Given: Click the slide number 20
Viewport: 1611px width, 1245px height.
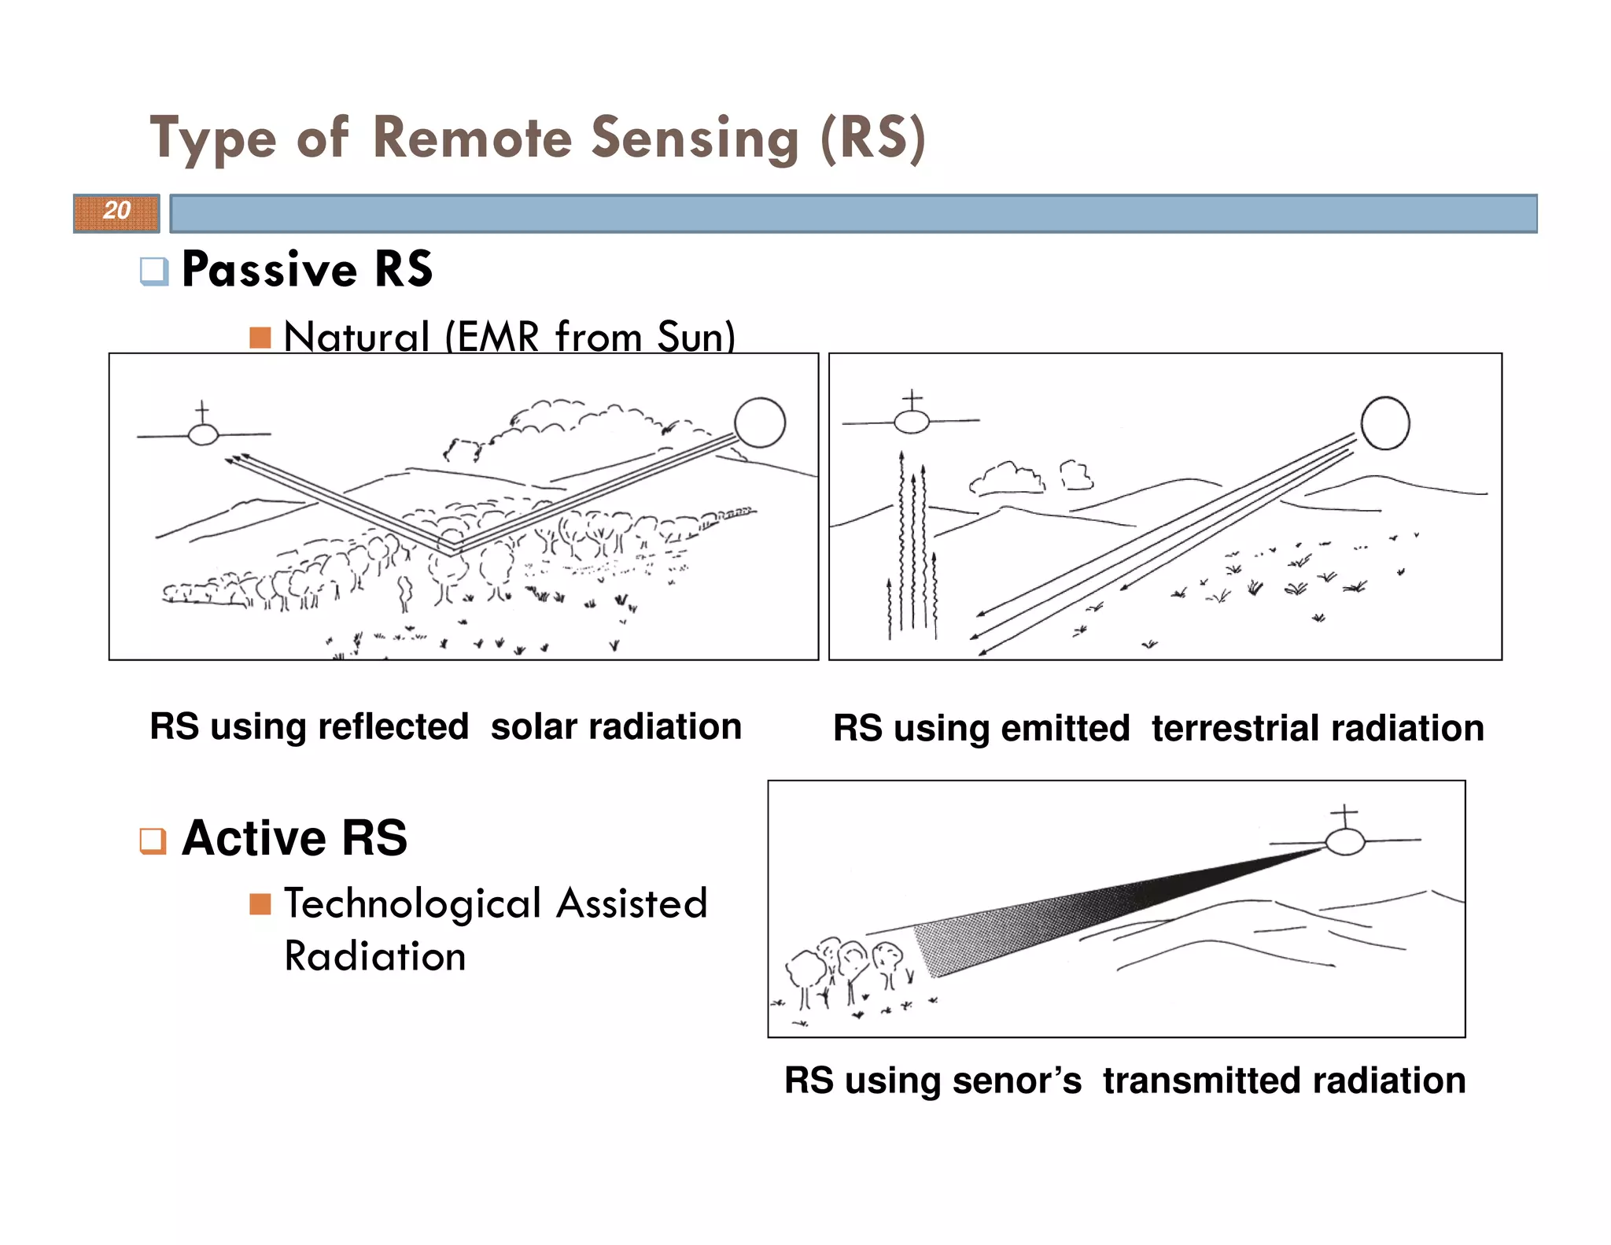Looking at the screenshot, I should [116, 211].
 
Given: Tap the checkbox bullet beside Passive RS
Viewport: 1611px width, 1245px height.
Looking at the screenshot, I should [153, 271].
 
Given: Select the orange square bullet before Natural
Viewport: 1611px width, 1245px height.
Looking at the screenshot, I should [260, 337].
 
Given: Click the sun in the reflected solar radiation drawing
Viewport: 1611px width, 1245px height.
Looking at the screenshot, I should [759, 423].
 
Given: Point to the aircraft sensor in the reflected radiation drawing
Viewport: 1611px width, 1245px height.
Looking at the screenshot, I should [203, 434].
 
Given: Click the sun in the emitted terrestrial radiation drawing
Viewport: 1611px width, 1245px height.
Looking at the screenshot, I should [1384, 423].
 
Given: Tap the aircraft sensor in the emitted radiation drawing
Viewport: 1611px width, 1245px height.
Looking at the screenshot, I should [912, 422].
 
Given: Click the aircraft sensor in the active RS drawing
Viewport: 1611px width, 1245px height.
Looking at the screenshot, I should [1344, 840].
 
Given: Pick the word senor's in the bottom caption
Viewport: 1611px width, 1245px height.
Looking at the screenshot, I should [1016, 1081].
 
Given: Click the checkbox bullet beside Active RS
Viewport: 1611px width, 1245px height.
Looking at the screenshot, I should [153, 840].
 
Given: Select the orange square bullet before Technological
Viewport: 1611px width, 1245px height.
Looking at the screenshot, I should [260, 903].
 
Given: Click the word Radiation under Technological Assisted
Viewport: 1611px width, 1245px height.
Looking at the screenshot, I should [374, 956].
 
